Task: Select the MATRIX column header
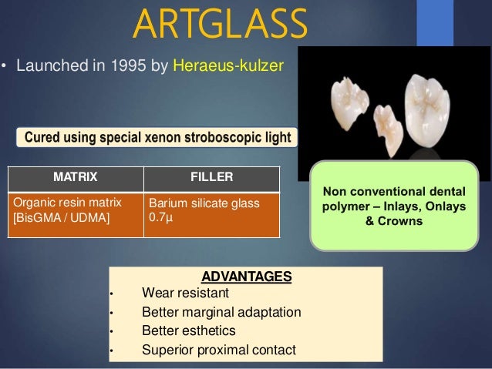point(75,177)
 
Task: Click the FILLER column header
point(211,177)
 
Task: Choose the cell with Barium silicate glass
point(204,203)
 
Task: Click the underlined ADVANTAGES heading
point(246,277)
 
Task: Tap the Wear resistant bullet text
point(186,293)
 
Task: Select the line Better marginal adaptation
point(221,313)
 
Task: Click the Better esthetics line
point(189,331)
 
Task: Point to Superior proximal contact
point(219,351)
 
